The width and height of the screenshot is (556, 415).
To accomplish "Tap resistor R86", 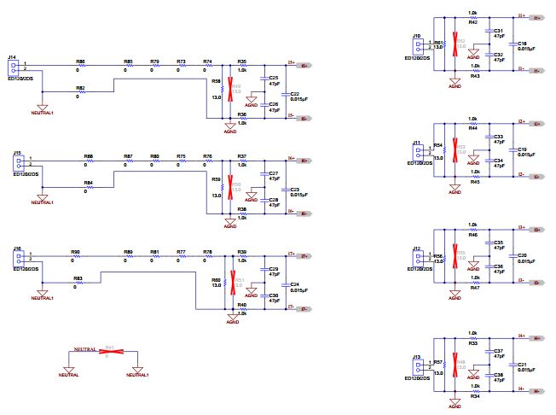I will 80,67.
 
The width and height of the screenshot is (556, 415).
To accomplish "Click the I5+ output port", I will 304,65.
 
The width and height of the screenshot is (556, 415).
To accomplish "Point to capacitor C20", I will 511,256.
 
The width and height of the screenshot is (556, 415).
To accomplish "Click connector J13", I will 418,365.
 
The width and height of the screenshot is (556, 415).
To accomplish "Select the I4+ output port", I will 536,337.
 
